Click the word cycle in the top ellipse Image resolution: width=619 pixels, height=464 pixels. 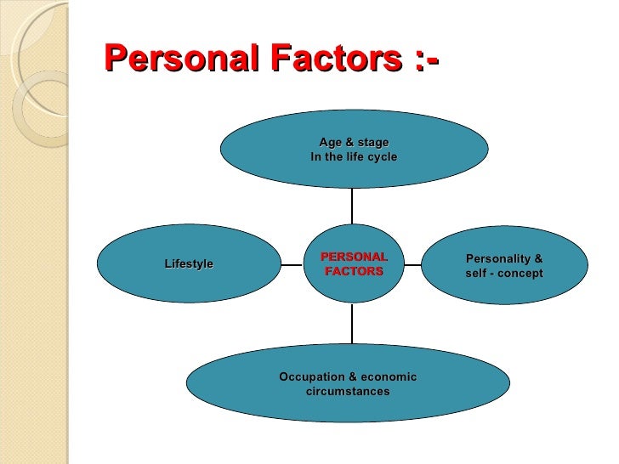tap(379, 157)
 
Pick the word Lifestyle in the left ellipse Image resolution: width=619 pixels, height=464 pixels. tap(189, 264)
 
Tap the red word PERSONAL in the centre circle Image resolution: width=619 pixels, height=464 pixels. tap(354, 257)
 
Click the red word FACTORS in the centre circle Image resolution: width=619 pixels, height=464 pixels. tap(354, 271)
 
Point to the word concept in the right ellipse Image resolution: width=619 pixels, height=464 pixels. tap(520, 273)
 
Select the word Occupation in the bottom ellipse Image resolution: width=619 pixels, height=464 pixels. tap(312, 376)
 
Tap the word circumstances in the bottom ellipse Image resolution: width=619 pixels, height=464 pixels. tap(348, 392)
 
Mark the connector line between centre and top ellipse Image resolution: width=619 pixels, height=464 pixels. tap(352, 206)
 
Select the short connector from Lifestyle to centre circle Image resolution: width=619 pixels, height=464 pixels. tap(292, 264)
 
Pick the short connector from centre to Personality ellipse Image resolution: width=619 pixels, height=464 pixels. tap(412, 264)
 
